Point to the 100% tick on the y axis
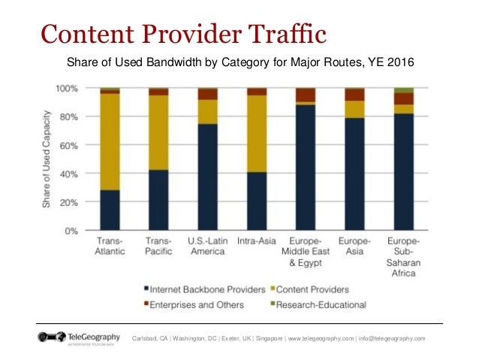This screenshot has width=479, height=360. (67, 89)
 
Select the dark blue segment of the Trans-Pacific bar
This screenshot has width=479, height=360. (158, 200)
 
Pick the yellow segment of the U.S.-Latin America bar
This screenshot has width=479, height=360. (207, 111)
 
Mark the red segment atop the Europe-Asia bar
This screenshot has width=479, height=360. (354, 94)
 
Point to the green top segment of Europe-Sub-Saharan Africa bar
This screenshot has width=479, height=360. (403, 90)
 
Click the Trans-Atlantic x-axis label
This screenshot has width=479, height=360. (110, 246)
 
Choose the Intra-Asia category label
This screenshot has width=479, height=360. (257, 241)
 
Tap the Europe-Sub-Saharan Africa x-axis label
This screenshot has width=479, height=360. (403, 256)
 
